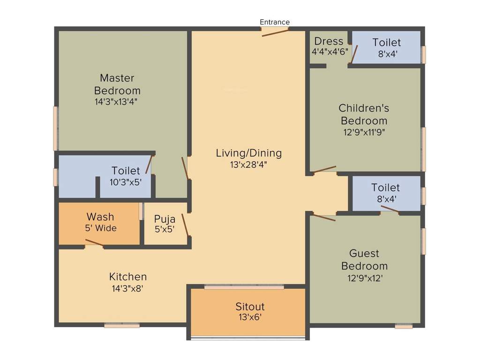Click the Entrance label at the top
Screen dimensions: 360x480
coord(275,22)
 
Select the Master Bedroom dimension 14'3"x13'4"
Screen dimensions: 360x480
coord(117,101)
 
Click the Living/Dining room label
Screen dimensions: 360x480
coord(248,153)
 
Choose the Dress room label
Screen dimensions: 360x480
coord(329,41)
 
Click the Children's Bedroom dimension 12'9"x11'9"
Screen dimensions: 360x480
coord(364,132)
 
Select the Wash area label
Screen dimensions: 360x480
coord(100,217)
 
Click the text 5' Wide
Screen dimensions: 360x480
coord(100,228)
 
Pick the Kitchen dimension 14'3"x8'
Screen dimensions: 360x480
coord(127,289)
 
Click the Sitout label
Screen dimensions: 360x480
coord(250,307)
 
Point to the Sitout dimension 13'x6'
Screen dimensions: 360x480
coord(250,317)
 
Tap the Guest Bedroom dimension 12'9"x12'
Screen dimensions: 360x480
coord(364,277)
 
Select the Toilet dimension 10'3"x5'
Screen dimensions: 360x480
coord(126,182)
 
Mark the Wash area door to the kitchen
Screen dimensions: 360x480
coord(94,242)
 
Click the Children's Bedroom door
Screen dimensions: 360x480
coord(324,169)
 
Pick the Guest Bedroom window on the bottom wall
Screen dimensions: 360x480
coord(403,326)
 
